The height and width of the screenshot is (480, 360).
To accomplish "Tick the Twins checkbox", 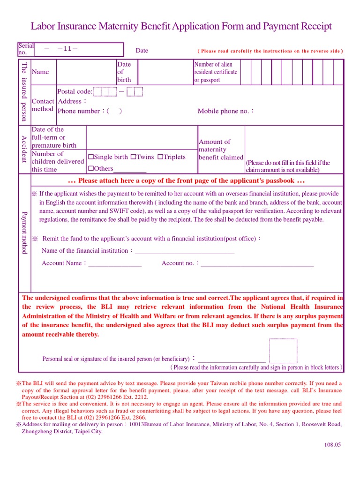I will [133, 157].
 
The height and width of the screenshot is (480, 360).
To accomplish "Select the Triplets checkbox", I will [160, 157].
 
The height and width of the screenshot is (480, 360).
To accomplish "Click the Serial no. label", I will [26, 49].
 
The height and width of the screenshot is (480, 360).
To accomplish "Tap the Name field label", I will [40, 72].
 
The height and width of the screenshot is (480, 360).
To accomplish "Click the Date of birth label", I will [124, 72].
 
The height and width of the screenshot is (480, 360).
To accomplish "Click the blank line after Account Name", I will [115, 264].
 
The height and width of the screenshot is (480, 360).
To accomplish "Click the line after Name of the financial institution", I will [185, 251].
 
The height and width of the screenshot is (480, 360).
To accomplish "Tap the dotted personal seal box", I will [283, 351].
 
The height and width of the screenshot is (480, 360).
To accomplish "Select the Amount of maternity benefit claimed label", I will [221, 150].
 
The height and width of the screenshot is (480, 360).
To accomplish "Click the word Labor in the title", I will [44, 26].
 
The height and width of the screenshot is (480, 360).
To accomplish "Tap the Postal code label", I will [75, 91].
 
